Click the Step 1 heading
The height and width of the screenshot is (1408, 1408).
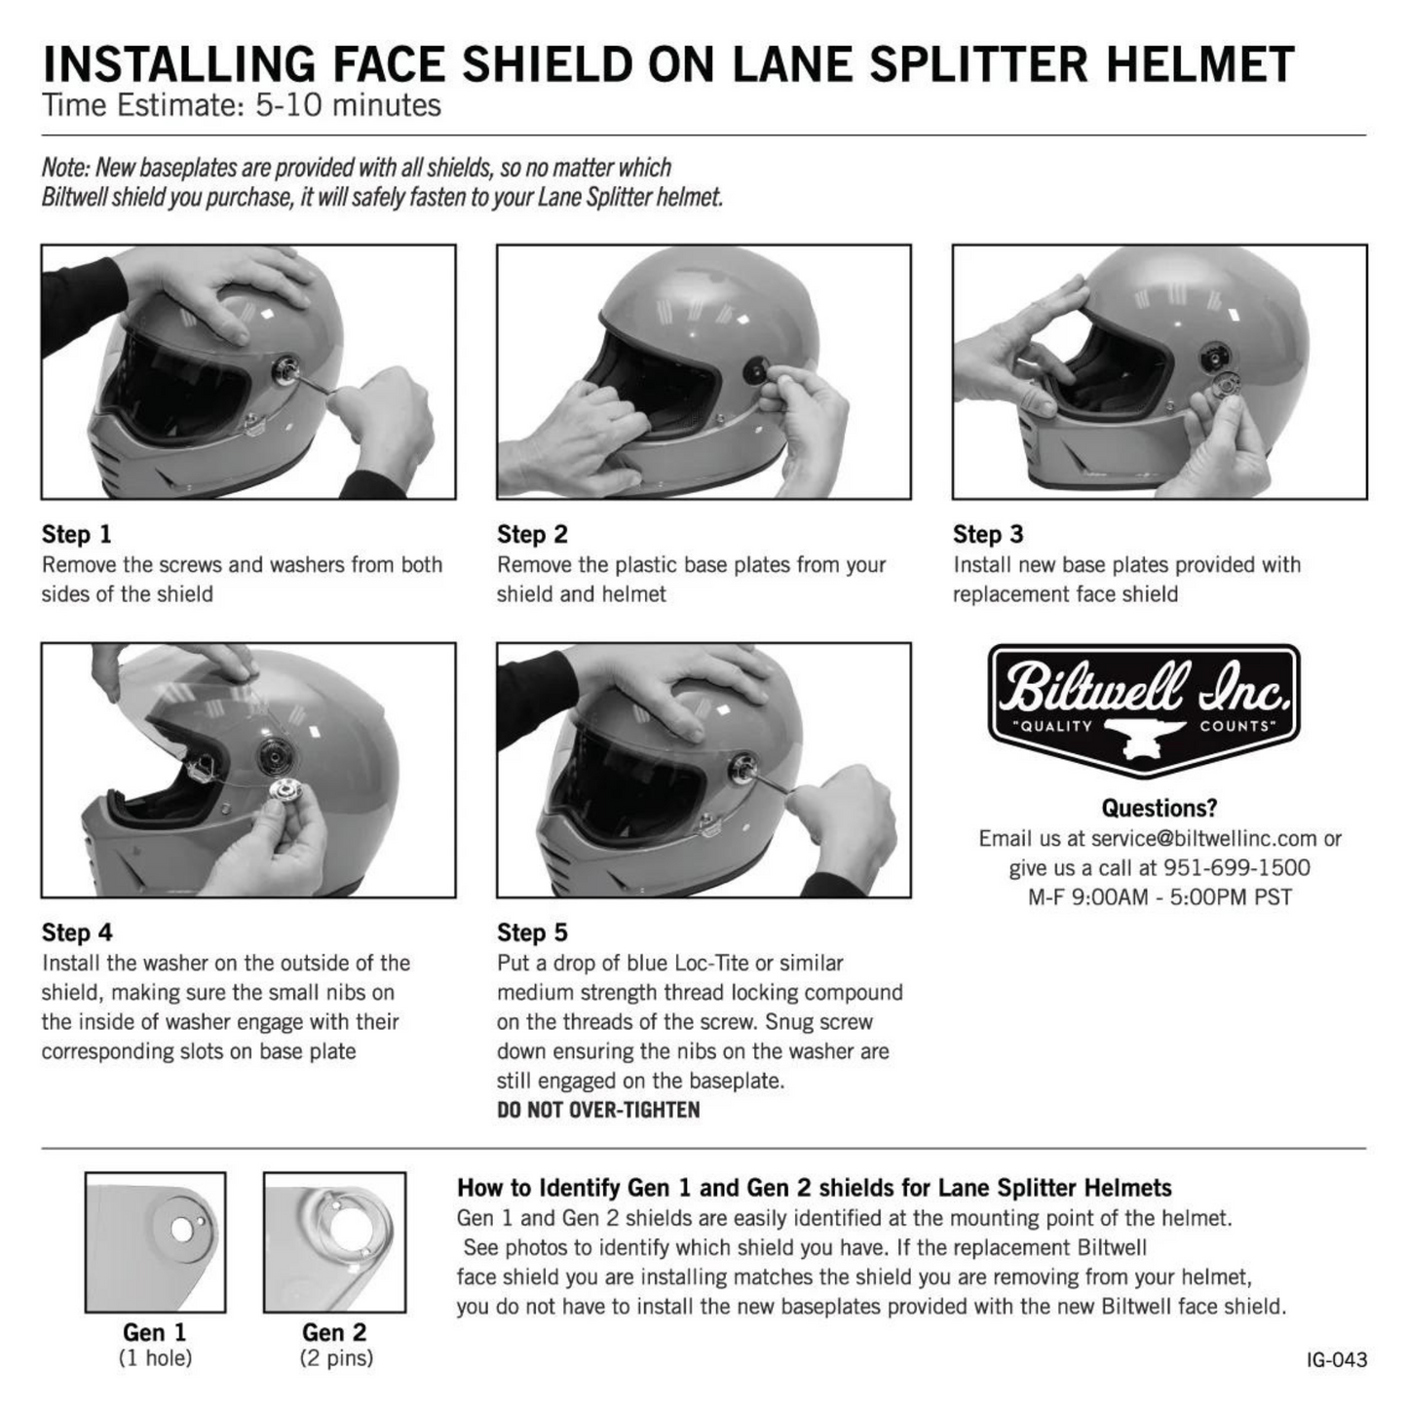point(76,534)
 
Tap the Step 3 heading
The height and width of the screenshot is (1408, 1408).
point(988,534)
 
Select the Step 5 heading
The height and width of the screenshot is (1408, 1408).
point(532,932)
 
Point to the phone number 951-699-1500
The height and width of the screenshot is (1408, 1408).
point(1237,867)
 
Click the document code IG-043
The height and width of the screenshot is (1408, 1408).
point(1337,1359)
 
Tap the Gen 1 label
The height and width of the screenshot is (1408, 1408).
point(154,1332)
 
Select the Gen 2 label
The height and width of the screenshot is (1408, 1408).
point(334,1332)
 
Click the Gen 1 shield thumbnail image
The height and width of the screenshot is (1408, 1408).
point(155,1241)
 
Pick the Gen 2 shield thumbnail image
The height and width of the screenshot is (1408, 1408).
point(334,1241)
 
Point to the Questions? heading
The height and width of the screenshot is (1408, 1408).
point(1159,808)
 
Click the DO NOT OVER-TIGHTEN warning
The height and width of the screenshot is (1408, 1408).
point(598,1110)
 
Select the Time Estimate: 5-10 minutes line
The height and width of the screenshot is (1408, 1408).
point(241,105)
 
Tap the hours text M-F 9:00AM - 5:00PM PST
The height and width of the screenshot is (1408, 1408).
point(1160,896)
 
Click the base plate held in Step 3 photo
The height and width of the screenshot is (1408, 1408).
point(1222,388)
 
